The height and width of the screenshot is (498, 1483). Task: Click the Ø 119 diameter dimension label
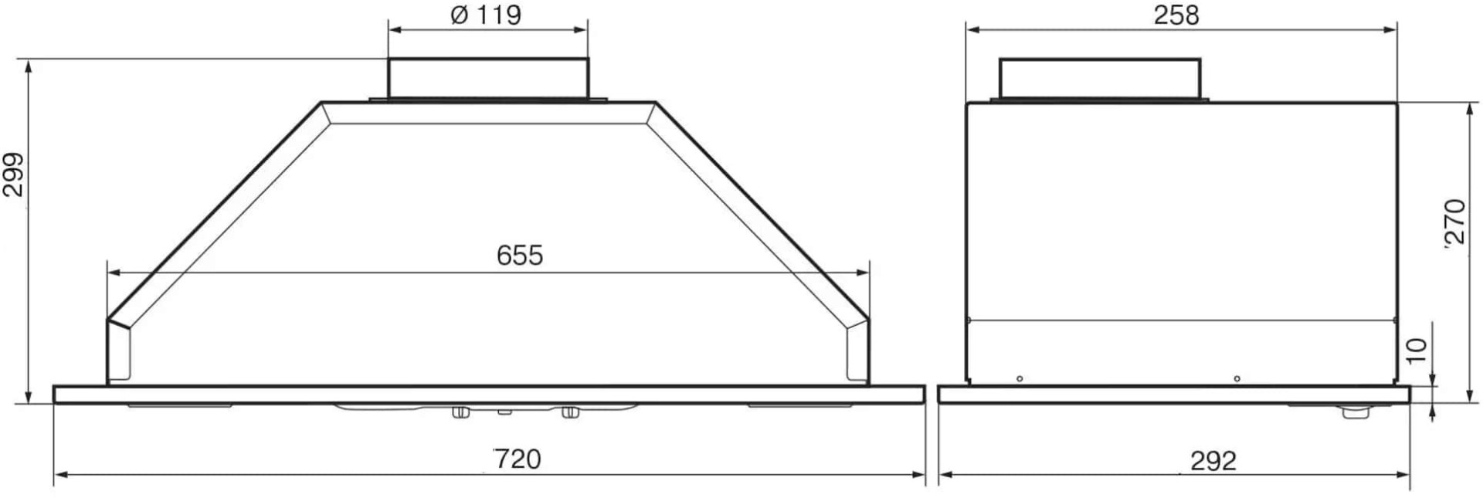coord(486,15)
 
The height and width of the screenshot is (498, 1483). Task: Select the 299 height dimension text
coord(14,174)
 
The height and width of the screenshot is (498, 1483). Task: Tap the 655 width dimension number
coord(520,255)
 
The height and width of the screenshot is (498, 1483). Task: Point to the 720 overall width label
coord(517,459)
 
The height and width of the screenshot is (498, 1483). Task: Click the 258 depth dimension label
coord(1176,15)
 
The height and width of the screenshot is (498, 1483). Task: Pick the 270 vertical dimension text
coord(1454,222)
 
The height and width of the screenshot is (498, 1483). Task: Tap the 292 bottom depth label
coord(1213,461)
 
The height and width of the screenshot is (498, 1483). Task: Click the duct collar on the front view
coord(487,79)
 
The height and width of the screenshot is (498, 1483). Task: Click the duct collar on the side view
coord(1100,79)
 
